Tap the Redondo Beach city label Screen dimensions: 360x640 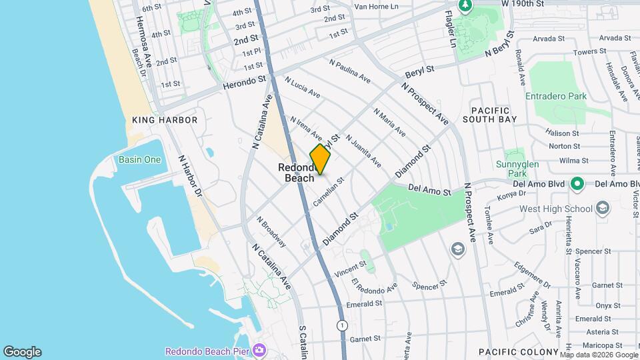tap(299, 173)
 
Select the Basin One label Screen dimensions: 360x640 tap(139, 159)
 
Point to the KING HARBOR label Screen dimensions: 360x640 tap(165, 120)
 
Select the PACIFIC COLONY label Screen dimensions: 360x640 tap(518, 351)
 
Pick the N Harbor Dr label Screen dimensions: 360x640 tap(189, 177)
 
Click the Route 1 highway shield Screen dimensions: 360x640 tap(342, 325)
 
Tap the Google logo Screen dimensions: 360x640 tap(22, 352)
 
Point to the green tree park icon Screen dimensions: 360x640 tap(465, 6)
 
